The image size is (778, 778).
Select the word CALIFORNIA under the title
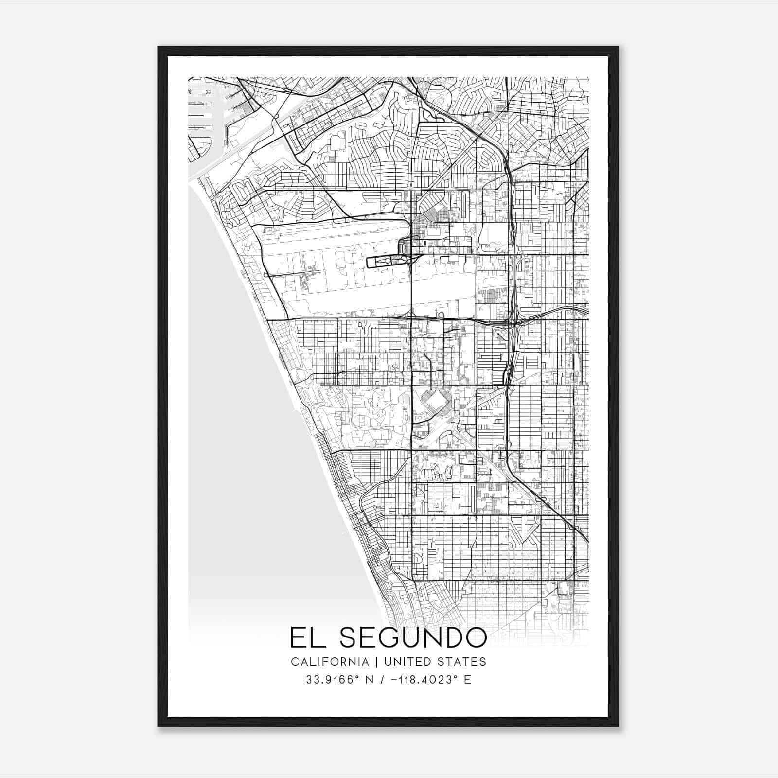click(x=330, y=662)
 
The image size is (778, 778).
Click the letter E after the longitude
click(x=467, y=680)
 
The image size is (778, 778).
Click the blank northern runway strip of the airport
click(x=336, y=231)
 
